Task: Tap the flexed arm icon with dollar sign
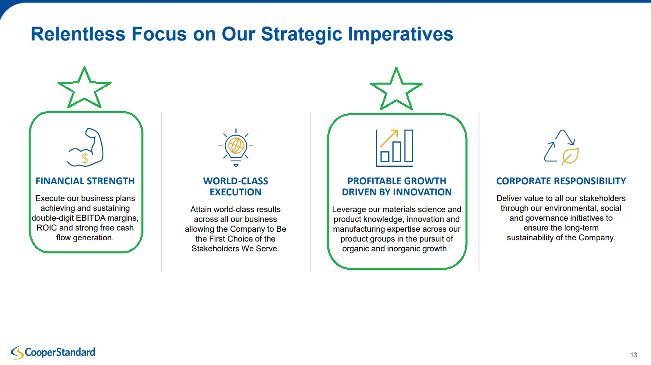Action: (x=85, y=147)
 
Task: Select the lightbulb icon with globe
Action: (x=236, y=147)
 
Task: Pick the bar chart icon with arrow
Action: (x=394, y=148)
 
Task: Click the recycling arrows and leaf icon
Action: (x=561, y=148)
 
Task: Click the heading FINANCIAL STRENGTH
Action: (x=85, y=181)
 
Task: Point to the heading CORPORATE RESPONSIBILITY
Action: (x=561, y=181)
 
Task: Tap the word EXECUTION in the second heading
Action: (x=235, y=192)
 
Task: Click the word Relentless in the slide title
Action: (x=78, y=34)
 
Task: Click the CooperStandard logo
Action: (x=53, y=352)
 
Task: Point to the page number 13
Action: (x=633, y=355)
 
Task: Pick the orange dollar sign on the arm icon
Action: (x=85, y=159)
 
